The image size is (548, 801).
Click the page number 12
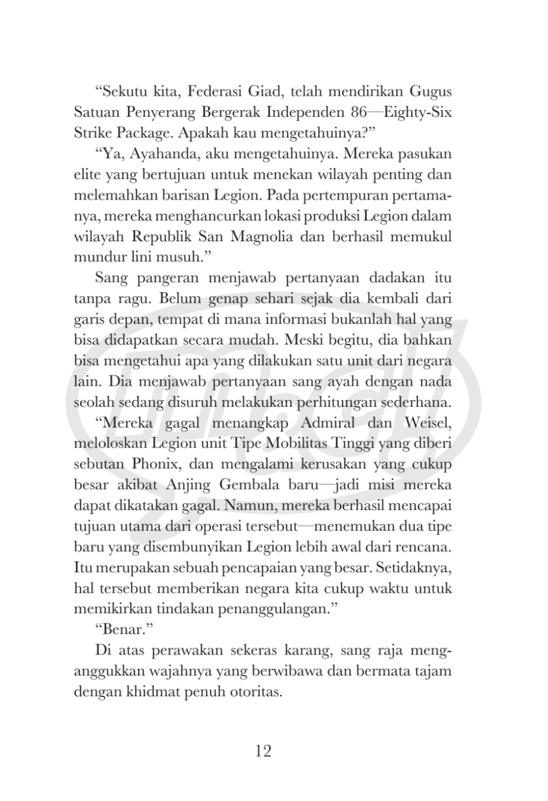click(263, 751)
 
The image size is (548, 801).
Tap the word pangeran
click(168, 278)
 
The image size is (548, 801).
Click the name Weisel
click(428, 423)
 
